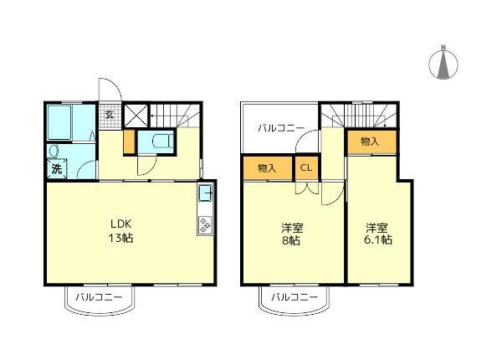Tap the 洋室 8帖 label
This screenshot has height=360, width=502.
click(290, 234)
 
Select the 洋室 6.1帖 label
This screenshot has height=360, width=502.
click(378, 234)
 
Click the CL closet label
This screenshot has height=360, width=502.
click(306, 168)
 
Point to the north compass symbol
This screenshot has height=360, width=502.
click(443, 63)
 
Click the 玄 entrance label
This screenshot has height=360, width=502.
click(109, 115)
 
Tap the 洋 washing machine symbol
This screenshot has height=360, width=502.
click(57, 169)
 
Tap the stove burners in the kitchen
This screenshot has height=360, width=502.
click(205, 224)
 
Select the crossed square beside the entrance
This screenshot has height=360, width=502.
click(135, 115)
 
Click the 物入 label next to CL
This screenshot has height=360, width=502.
click(267, 168)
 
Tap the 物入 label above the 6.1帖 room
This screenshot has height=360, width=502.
click(370, 142)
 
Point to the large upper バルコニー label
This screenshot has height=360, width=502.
click(280, 129)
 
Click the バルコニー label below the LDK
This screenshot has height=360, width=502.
click(99, 297)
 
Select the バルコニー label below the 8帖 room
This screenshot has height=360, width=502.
click(294, 297)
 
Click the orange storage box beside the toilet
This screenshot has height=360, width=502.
click(128, 142)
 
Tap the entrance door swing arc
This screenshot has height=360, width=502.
click(109, 88)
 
